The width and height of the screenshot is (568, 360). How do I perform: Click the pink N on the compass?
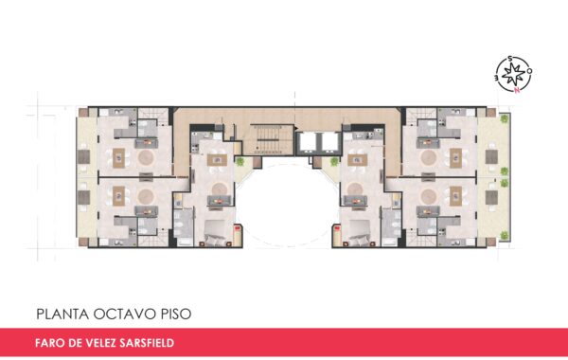pyautogui.click(x=517, y=89)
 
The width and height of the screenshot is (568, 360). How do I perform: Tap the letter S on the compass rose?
pyautogui.click(x=510, y=59)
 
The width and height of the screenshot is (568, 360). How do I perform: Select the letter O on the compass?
pyautogui.click(x=529, y=71)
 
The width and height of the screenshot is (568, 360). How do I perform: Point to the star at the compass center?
pyautogui.click(x=514, y=74)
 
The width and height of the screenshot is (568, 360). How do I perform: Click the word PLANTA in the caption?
pyautogui.click(x=62, y=314)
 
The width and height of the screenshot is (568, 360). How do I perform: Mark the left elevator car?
pyautogui.click(x=308, y=142)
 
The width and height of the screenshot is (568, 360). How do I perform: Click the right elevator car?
pyautogui.click(x=329, y=142)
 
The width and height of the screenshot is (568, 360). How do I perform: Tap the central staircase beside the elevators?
pyautogui.click(x=271, y=139)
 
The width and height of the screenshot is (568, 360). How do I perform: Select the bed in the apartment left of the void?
pyautogui.click(x=216, y=234)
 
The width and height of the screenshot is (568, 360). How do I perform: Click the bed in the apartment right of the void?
pyautogui.click(x=360, y=234)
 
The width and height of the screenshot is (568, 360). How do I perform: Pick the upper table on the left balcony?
pyautogui.click(x=83, y=156)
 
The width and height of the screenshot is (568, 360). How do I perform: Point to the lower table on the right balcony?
pyautogui.click(x=491, y=198)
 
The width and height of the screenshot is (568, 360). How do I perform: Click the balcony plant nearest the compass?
pyautogui.click(x=504, y=118)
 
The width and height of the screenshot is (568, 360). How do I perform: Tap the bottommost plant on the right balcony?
pyautogui.click(x=504, y=235)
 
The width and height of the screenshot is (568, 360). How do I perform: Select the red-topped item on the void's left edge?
pyautogui.click(x=238, y=228)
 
